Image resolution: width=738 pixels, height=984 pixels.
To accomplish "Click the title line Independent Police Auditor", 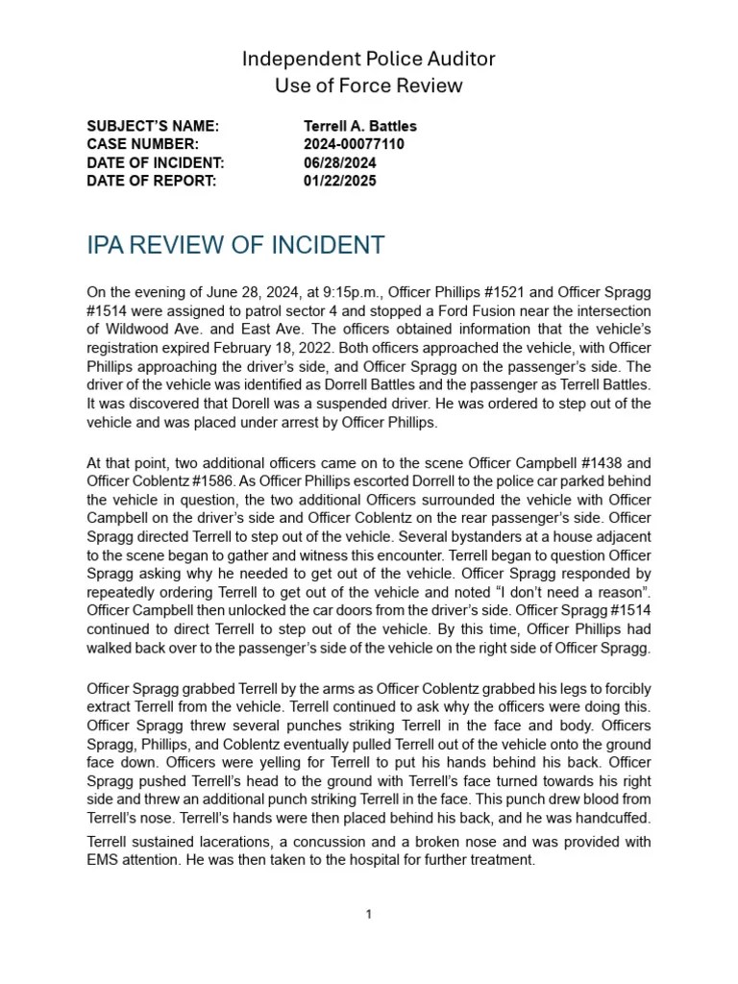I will (368, 60).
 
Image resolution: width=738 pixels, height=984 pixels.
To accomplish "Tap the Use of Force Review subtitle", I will (368, 86).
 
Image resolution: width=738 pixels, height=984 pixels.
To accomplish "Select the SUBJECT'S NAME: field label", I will (153, 127).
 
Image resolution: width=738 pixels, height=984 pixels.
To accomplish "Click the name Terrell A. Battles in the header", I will (359, 127).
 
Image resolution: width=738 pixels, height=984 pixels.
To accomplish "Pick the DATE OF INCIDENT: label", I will (155, 163).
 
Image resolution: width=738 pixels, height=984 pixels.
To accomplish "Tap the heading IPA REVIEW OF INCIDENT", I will (235, 245).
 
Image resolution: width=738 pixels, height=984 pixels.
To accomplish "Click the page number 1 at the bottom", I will (369, 915).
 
